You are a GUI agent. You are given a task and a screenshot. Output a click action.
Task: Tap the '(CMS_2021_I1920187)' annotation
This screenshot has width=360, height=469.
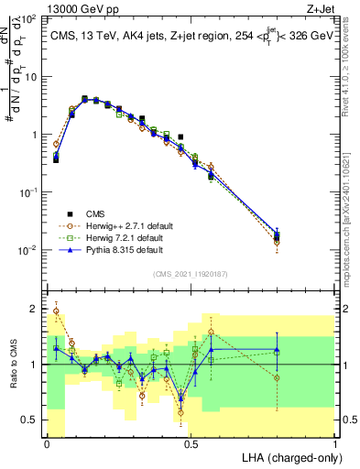(191, 272)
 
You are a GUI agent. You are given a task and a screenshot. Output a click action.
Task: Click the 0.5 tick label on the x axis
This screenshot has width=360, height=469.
(191, 442)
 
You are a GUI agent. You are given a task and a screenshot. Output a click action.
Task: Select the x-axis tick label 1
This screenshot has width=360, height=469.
(335, 442)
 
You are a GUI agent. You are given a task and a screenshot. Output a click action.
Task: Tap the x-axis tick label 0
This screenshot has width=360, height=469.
(47, 442)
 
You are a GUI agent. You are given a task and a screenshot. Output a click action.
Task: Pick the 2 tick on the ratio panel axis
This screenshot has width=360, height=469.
(34, 308)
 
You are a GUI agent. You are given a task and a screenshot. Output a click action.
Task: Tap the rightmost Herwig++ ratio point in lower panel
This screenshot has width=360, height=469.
(278, 377)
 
